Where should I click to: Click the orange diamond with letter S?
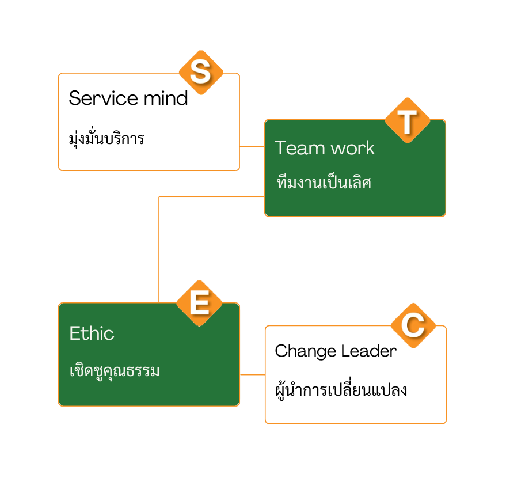pyautogui.click(x=201, y=73)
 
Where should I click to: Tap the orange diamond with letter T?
pyautogui.click(x=408, y=120)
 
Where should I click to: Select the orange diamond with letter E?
pyautogui.click(x=199, y=304)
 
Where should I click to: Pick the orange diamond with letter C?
pyautogui.click(x=413, y=326)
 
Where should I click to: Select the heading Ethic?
pyautogui.click(x=92, y=333)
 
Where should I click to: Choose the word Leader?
pyautogui.click(x=368, y=351)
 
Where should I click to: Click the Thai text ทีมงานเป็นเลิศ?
pyautogui.click(x=324, y=183)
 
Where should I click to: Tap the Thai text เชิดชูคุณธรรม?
pyautogui.click(x=115, y=370)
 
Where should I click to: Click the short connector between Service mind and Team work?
pyautogui.click(x=252, y=146)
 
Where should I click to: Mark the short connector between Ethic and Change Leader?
pyautogui.click(x=252, y=374)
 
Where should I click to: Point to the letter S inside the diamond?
pyautogui.click(x=201, y=73)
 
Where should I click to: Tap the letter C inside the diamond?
pyautogui.click(x=413, y=326)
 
